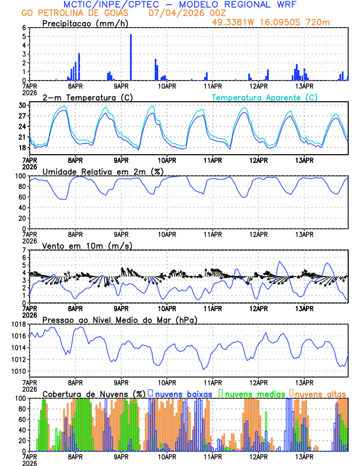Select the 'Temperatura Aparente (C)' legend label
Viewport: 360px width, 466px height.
264,97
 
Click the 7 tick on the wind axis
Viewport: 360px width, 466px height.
25,250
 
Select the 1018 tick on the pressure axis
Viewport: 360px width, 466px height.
19,324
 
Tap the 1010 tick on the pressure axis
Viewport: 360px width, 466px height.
19,371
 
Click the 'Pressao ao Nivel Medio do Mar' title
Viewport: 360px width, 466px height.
119,319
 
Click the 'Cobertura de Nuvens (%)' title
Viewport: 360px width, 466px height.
94,393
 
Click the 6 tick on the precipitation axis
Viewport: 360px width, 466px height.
25,28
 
